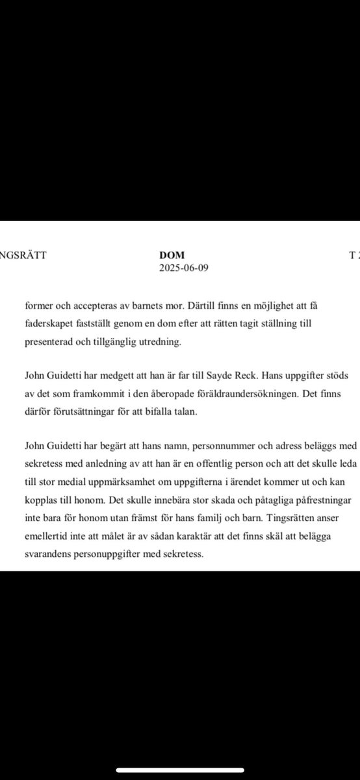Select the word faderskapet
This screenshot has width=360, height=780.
pyautogui.click(x=50, y=323)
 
